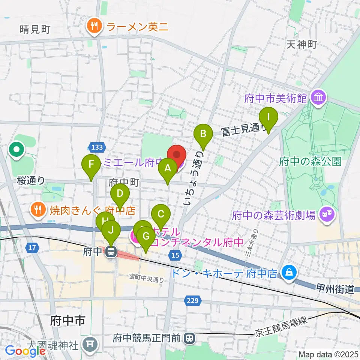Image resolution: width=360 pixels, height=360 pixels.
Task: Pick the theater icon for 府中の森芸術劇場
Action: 326,215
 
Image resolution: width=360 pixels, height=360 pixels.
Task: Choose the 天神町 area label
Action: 301,45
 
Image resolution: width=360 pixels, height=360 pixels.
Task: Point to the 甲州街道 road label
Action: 340,289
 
